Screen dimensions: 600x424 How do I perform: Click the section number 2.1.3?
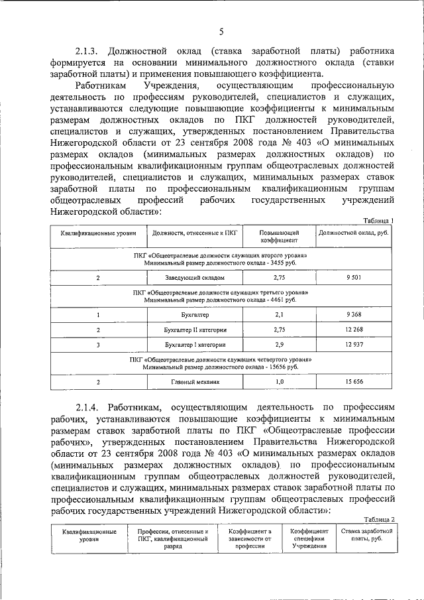[87, 51]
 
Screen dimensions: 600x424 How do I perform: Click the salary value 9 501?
[353, 278]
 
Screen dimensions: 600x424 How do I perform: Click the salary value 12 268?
[353, 330]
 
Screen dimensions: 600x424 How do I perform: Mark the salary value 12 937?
[353, 345]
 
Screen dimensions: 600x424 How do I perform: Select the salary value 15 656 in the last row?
[353, 382]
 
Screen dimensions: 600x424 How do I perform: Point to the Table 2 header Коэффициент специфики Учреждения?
[305, 538]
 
